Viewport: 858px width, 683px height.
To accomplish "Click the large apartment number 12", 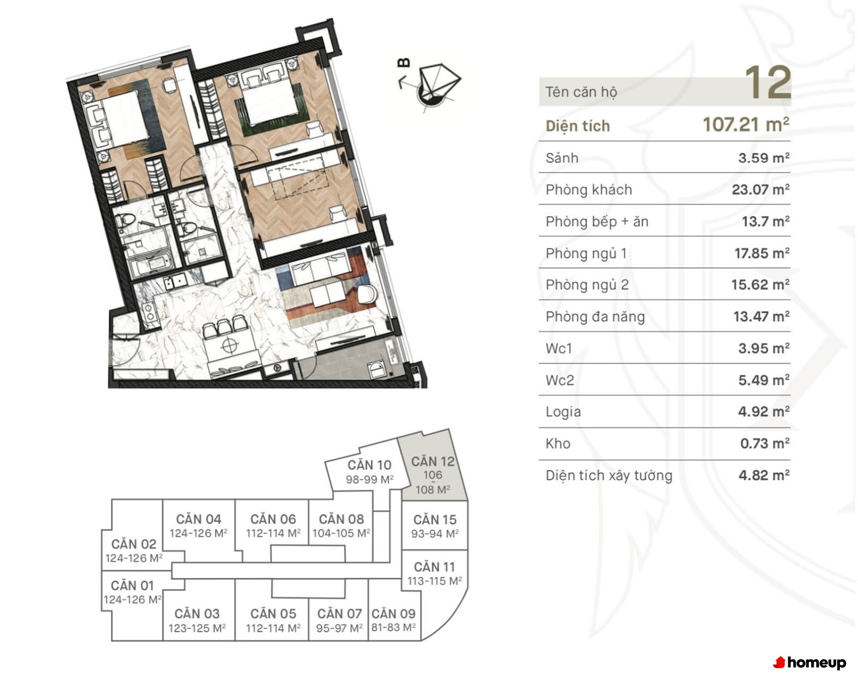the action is tap(767, 83).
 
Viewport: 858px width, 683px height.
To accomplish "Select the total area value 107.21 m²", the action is tap(745, 124).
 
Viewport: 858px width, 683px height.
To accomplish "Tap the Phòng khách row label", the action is tap(588, 189).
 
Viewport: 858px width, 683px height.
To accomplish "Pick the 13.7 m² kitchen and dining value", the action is tap(766, 221).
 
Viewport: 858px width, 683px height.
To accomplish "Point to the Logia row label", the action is tap(563, 412).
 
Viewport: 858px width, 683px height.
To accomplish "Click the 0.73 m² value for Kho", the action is tap(765, 443).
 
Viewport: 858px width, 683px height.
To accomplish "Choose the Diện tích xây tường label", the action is tap(609, 475).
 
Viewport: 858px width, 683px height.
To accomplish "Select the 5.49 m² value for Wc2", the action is tap(764, 380).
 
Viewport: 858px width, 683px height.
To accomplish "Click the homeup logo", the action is tap(810, 663).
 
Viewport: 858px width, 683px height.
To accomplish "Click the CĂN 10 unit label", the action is tap(369, 465).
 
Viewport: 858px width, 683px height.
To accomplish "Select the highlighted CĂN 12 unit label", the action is tap(433, 461).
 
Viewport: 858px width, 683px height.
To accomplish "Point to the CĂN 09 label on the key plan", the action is tap(394, 614).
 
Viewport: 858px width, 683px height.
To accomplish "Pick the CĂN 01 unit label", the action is tap(132, 586).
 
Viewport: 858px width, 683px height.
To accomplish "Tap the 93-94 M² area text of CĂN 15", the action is tap(435, 533).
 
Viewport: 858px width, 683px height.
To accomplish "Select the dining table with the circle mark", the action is tap(231, 346).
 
